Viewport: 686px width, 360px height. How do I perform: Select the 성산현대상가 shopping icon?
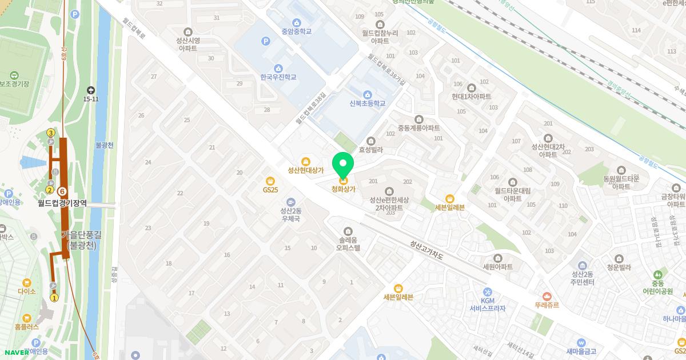click(306, 162)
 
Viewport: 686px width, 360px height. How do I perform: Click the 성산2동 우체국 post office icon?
click(291, 202)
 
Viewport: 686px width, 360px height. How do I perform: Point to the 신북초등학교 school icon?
click(367, 94)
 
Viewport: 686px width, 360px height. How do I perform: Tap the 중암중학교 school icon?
click(296, 22)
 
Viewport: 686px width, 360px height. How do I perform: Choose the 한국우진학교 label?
click(278, 77)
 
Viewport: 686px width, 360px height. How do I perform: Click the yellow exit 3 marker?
click(50, 133)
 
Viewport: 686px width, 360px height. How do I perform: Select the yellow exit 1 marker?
click(54, 297)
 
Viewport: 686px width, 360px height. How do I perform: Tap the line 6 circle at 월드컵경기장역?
click(62, 191)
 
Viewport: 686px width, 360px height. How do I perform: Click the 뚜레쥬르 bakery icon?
click(547, 296)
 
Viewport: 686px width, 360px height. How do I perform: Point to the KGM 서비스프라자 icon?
click(487, 292)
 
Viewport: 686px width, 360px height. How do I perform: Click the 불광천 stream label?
click(105, 145)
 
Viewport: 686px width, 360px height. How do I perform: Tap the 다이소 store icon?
click(26, 282)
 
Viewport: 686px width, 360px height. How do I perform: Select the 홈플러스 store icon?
click(27, 318)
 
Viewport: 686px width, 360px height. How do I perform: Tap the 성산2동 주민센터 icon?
click(582, 265)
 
